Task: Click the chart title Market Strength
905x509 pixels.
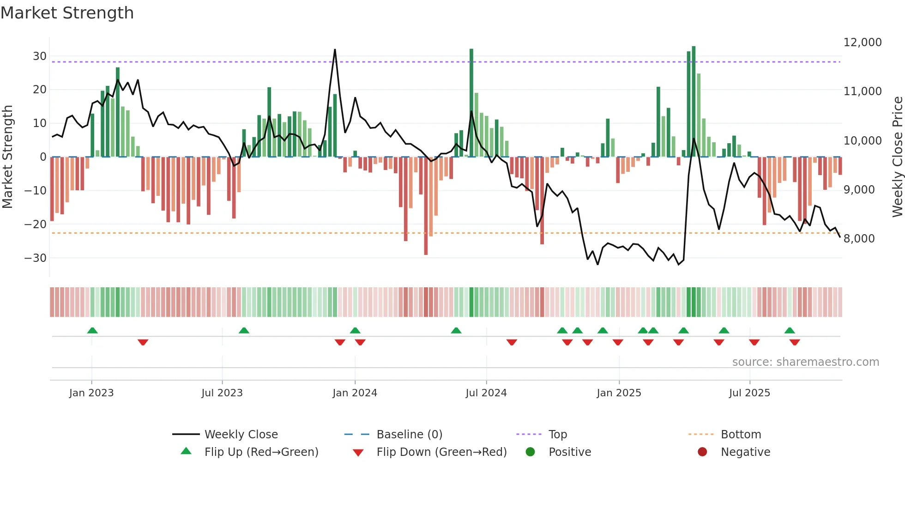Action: [67, 13]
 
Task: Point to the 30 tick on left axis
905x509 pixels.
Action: [40, 56]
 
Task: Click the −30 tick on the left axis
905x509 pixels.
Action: [36, 258]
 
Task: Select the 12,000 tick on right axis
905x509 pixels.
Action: [862, 42]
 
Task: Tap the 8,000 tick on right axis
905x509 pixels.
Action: [859, 239]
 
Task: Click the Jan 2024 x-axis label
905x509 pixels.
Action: [355, 393]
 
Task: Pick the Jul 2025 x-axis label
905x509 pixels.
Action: [749, 393]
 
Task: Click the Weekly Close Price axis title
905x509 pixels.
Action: [897, 157]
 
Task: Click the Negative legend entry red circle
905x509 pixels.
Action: [702, 452]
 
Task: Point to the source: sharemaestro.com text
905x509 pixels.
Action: [805, 362]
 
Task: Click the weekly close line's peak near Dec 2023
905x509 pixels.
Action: [335, 50]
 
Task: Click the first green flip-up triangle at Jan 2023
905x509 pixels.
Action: [92, 330]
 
